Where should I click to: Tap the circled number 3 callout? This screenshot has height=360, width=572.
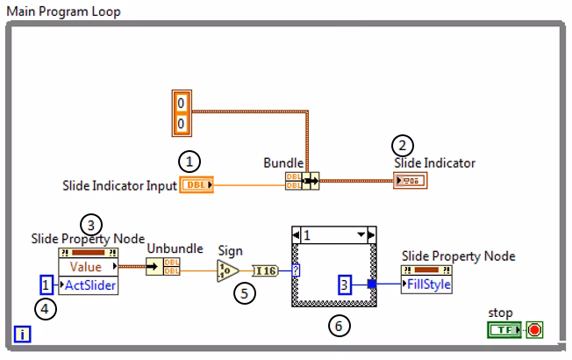(x=90, y=224)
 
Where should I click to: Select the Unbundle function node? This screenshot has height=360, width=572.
(x=160, y=267)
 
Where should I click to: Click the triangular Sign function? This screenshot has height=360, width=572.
(x=227, y=270)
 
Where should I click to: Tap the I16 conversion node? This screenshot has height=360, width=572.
(x=265, y=270)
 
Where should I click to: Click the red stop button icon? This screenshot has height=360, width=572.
(x=534, y=331)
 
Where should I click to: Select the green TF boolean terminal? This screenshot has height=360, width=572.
(x=504, y=331)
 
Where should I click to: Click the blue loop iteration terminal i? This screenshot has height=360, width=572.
(x=21, y=332)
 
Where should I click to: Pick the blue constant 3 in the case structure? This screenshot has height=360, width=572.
(x=345, y=284)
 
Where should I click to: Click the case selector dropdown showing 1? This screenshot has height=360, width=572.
(x=334, y=234)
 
